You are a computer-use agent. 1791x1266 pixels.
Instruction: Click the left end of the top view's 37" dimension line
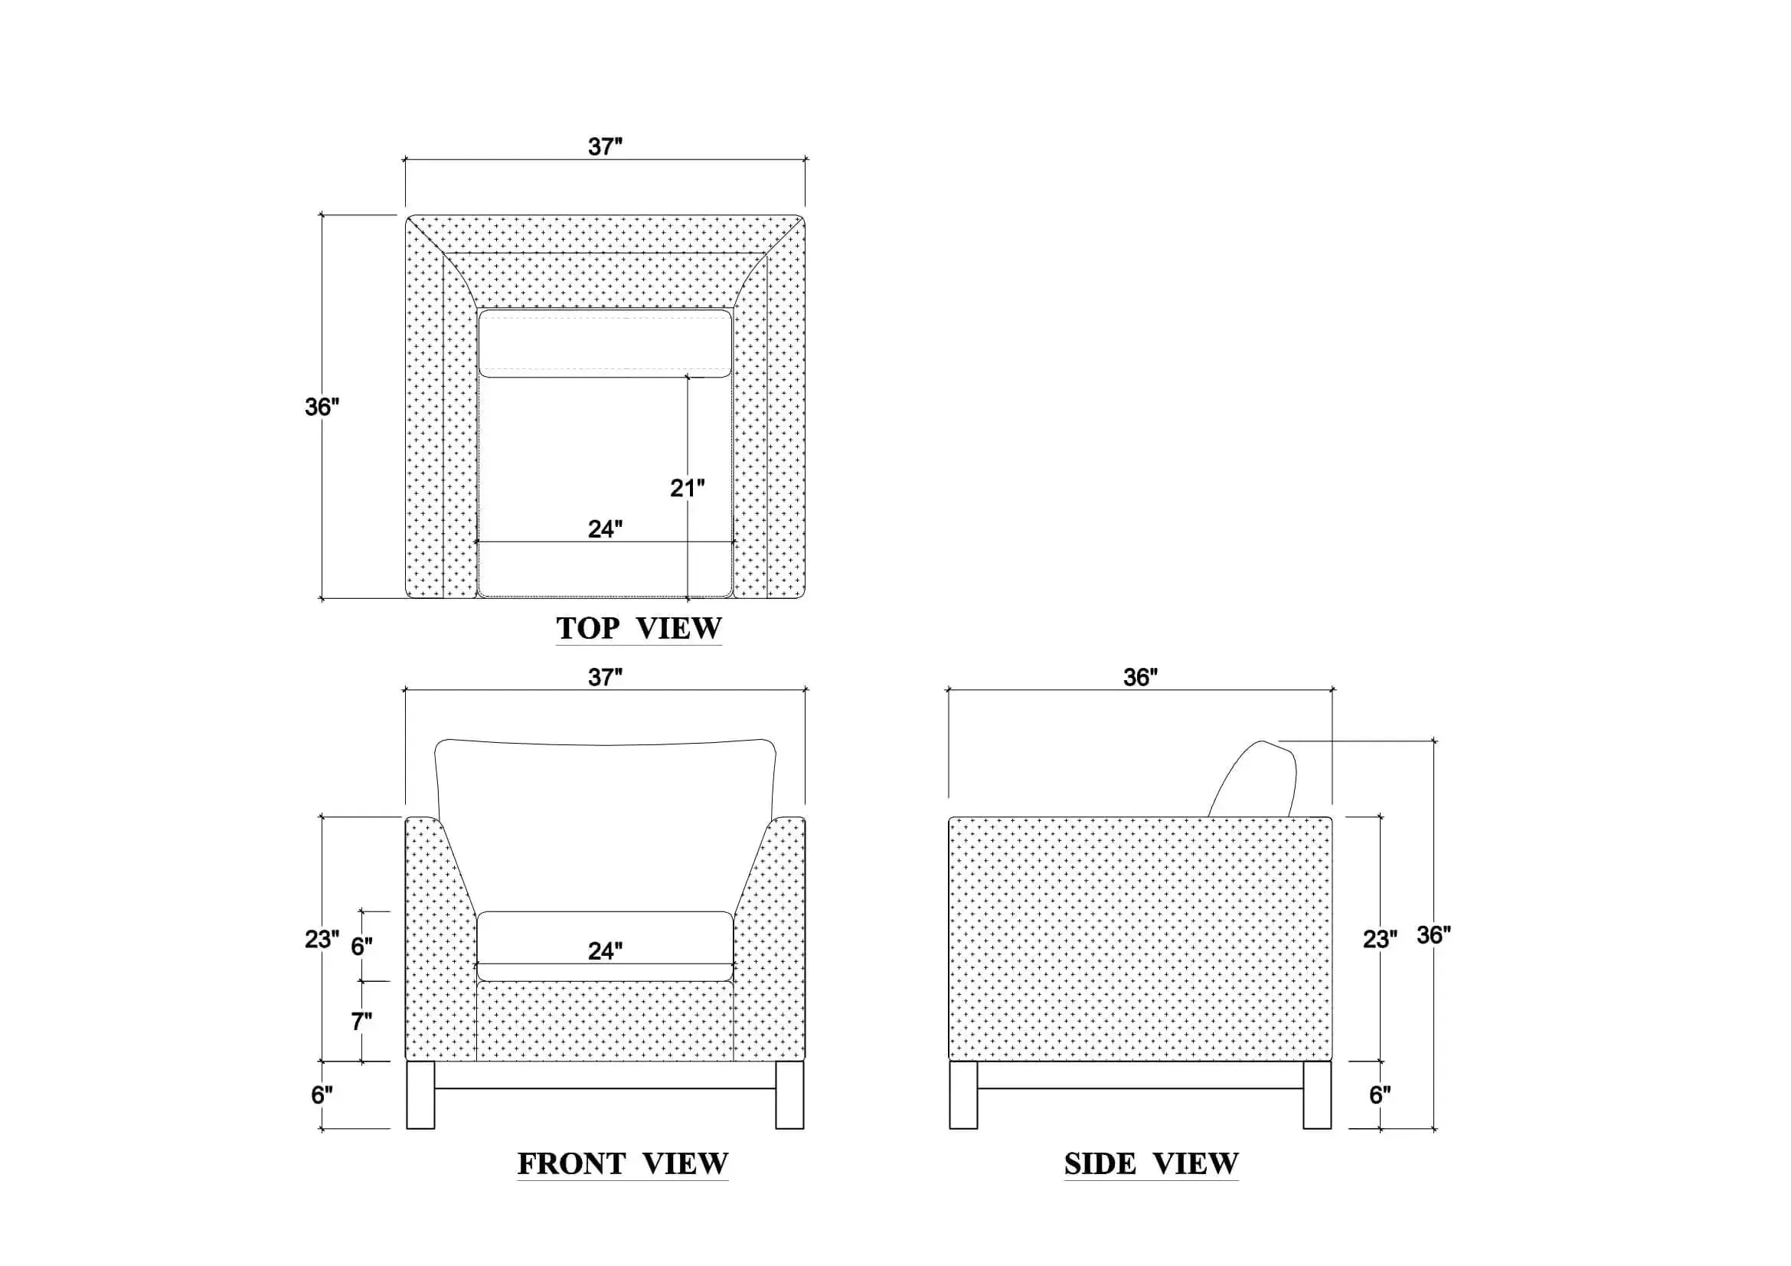pyautogui.click(x=405, y=160)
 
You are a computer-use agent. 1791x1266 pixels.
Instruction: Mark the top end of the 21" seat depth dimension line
pyautogui.click(x=687, y=377)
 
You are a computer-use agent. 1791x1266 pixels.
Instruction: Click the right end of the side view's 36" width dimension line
pyautogui.click(x=1332, y=689)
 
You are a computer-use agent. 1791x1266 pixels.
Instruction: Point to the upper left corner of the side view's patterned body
pyautogui.click(x=949, y=817)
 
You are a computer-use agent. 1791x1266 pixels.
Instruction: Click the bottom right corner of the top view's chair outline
pyautogui.click(x=804, y=598)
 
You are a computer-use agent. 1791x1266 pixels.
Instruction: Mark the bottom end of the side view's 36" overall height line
pyautogui.click(x=1433, y=1129)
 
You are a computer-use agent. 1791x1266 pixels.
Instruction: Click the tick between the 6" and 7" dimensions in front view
pyautogui.click(x=362, y=981)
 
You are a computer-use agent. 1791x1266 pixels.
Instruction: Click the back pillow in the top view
pyautogui.click(x=606, y=343)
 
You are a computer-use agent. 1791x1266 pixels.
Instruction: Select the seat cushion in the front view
pyautogui.click(x=606, y=946)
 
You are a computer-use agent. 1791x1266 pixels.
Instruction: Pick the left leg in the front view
pyautogui.click(x=420, y=1095)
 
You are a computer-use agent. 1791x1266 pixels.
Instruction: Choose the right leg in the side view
pyautogui.click(x=1318, y=1095)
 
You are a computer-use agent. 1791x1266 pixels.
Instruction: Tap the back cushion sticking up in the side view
pyautogui.click(x=1256, y=778)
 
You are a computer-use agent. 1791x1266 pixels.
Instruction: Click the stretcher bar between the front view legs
pyautogui.click(x=606, y=1075)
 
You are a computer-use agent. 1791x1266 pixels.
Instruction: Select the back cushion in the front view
pyautogui.click(x=606, y=824)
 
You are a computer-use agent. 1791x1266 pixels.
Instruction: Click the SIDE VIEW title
pyautogui.click(x=1152, y=1164)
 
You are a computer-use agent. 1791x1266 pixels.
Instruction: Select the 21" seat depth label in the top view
pyautogui.click(x=687, y=489)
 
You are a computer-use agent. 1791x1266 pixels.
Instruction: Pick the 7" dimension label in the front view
pyautogui.click(x=361, y=1021)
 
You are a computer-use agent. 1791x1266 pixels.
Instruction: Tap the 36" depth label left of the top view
pyautogui.click(x=322, y=407)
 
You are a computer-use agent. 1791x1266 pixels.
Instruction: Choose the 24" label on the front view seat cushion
pyautogui.click(x=606, y=951)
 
